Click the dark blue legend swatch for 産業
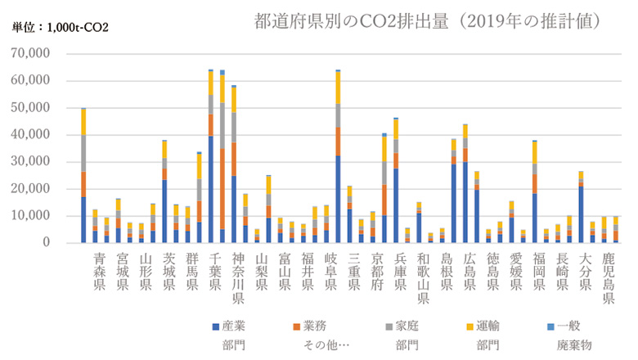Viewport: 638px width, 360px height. click(x=215, y=326)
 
